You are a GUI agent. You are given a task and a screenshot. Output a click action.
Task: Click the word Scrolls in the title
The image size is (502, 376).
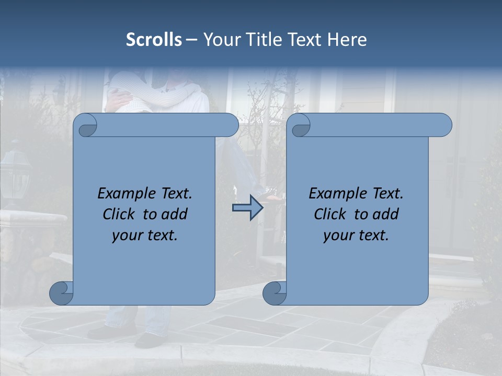(154, 40)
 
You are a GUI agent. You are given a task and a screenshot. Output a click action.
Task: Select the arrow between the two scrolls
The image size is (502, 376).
(247, 208)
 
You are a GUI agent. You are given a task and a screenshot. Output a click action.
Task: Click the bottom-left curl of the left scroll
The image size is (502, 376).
(62, 293)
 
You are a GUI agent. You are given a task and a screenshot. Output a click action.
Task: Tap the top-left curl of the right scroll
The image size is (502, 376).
(300, 126)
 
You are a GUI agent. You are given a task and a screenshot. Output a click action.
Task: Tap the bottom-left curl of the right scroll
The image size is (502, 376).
(275, 293)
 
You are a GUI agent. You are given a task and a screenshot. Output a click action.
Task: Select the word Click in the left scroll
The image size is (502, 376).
(119, 214)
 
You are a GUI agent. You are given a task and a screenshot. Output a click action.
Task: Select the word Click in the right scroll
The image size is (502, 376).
(330, 214)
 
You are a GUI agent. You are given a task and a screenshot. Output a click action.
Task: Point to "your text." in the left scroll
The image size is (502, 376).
(145, 235)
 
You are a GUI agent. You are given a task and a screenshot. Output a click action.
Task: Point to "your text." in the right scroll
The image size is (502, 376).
(356, 235)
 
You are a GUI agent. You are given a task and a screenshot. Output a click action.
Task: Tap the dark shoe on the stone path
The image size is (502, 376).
(149, 339)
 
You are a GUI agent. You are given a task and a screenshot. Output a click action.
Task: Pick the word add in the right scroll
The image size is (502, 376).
(386, 214)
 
